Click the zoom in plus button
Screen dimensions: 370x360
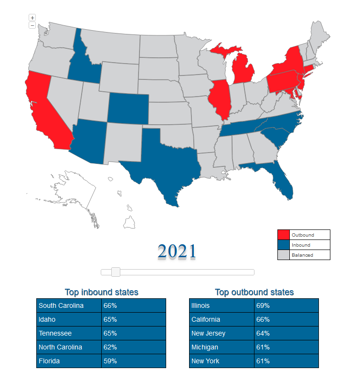[x=32, y=18]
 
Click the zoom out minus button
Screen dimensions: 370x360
[x=32, y=25]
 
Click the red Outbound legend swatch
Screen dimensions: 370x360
[x=284, y=235]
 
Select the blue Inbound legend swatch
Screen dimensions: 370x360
[x=284, y=245]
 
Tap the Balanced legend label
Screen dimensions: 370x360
[x=303, y=255]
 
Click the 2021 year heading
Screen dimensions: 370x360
[x=177, y=251]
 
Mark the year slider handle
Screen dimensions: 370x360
[x=115, y=272]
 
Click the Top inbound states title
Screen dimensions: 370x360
[x=101, y=292]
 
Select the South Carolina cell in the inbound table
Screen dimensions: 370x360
[x=69, y=305]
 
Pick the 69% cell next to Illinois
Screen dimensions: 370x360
[x=286, y=305]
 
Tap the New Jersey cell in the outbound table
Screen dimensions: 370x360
[x=222, y=333]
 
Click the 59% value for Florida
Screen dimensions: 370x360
[x=133, y=361]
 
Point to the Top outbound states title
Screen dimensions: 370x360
[x=254, y=292]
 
